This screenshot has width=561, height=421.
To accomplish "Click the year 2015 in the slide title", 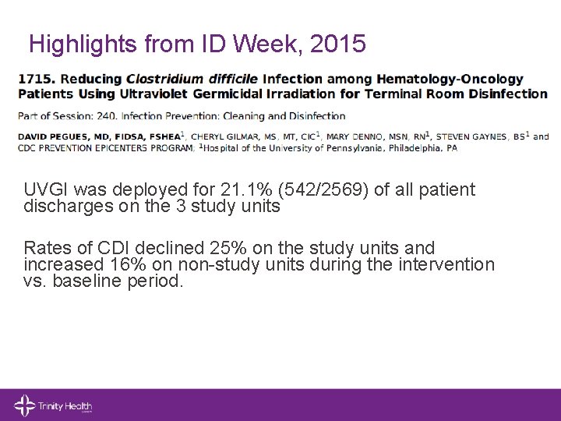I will click(x=337, y=44).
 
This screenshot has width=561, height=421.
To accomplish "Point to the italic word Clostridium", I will click(x=164, y=80).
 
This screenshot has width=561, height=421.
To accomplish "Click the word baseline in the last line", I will click(x=85, y=281).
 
